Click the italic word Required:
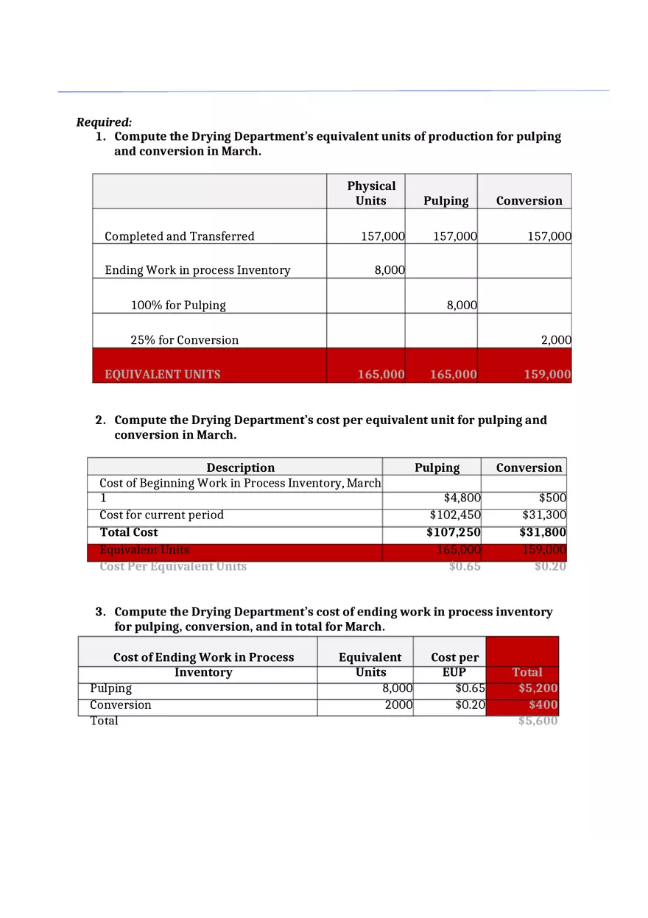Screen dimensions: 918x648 (104, 122)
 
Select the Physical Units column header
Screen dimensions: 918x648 (371, 193)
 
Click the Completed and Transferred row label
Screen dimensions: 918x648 (179, 236)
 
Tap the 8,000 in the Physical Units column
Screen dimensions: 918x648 (389, 270)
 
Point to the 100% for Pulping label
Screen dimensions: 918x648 (178, 305)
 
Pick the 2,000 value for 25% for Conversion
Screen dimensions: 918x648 (555, 340)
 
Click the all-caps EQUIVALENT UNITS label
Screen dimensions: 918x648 (162, 374)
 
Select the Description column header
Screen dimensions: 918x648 (240, 467)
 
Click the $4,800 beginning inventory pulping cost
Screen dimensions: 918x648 (462, 498)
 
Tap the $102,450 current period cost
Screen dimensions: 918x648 (454, 515)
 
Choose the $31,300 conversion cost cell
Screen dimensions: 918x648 (543, 515)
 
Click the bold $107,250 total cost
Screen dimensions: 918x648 (453, 532)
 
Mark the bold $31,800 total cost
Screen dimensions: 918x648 (543, 532)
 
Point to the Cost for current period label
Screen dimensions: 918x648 (161, 515)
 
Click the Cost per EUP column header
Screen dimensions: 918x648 (454, 664)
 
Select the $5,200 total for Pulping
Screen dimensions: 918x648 (538, 688)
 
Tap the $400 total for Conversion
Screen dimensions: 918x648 (543, 705)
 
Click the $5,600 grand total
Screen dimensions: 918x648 (538, 721)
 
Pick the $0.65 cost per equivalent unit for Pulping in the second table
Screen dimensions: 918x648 (465, 566)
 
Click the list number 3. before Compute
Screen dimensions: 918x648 (101, 612)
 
